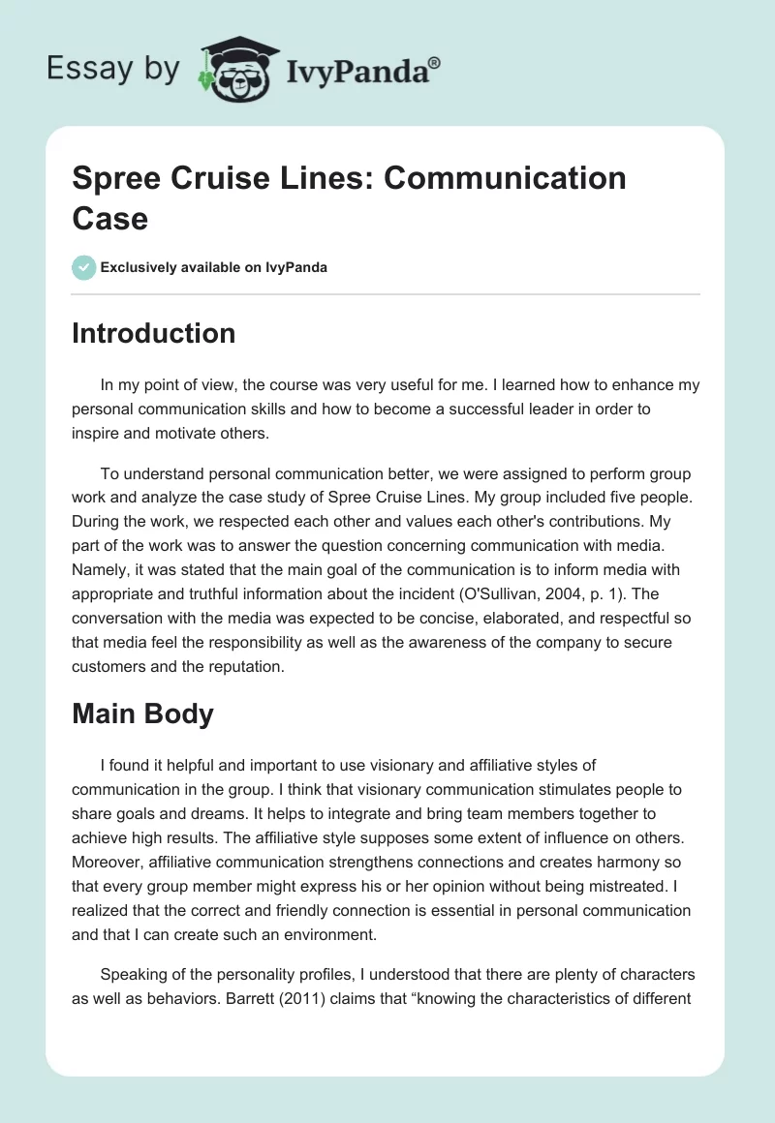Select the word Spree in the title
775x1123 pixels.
tap(115, 178)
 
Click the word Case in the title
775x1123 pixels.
tap(109, 218)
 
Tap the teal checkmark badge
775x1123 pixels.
tap(84, 267)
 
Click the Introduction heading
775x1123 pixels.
tap(153, 333)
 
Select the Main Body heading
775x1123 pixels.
tap(142, 714)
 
